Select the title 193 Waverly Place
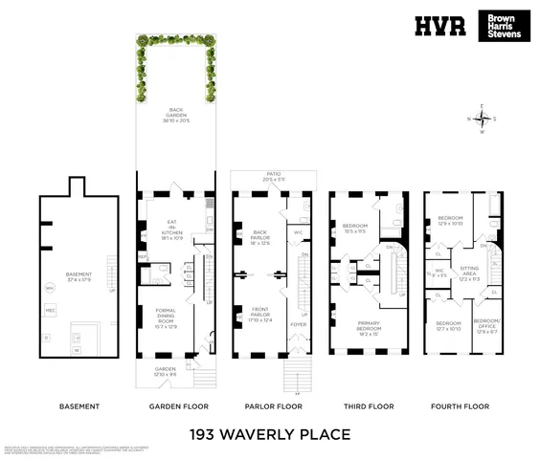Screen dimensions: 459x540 270,435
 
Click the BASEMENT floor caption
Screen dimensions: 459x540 79,406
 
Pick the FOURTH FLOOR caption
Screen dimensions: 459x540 463,406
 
